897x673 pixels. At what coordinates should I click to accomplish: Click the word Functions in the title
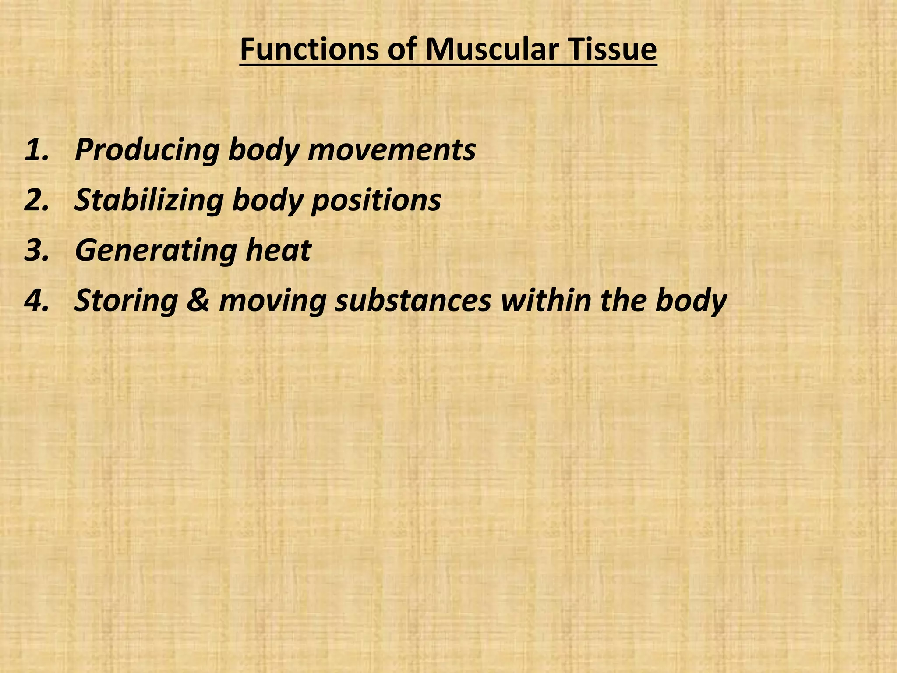(x=309, y=50)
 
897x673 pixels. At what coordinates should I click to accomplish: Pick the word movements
(x=392, y=150)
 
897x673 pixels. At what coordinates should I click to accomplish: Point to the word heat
(x=278, y=250)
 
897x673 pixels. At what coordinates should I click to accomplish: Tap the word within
(x=545, y=301)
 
